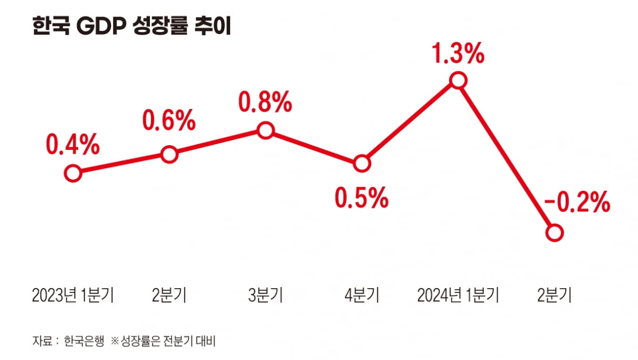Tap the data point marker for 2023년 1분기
click(73, 173)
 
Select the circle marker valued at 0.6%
click(169, 155)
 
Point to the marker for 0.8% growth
click(265, 130)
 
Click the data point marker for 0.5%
click(362, 164)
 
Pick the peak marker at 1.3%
click(458, 81)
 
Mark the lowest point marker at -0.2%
click(554, 233)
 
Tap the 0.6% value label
click(169, 121)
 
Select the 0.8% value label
click(265, 102)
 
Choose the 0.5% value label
click(362, 198)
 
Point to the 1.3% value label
click(458, 54)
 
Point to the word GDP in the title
click(99, 27)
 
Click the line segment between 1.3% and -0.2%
click(506, 157)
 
